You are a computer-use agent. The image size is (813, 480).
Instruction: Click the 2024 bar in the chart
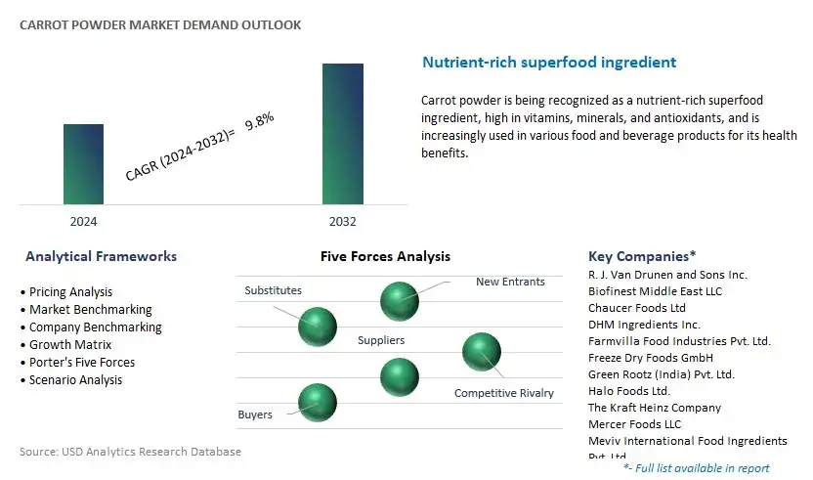tap(83, 164)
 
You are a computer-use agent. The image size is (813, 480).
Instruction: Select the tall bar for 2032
tap(343, 134)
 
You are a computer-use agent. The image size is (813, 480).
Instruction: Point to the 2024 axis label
tap(83, 222)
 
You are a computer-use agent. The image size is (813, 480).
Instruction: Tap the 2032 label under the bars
tap(343, 222)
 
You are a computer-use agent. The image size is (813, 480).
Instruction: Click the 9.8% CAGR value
tap(259, 121)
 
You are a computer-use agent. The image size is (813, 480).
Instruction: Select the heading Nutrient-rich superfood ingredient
tap(549, 63)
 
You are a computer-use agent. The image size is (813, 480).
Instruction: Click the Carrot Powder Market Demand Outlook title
tap(160, 24)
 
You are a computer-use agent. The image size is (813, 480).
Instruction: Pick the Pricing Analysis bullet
tap(66, 292)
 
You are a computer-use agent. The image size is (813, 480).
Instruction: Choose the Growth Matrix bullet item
tap(65, 345)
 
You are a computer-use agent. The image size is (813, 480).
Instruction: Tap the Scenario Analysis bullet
tap(71, 380)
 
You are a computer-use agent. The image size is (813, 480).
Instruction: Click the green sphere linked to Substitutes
tap(318, 327)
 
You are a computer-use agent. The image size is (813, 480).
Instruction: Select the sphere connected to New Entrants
tap(400, 301)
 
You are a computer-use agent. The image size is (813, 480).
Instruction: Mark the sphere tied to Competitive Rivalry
tap(481, 352)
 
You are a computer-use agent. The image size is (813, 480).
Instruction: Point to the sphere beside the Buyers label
tap(318, 403)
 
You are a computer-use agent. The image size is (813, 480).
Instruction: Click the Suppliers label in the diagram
tap(381, 340)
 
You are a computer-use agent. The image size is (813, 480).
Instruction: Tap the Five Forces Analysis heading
tap(385, 256)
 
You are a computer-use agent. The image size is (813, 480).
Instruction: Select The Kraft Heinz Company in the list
tap(655, 408)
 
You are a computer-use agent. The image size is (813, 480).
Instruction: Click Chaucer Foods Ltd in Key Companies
tap(637, 308)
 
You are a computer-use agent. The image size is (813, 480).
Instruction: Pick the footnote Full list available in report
tap(697, 468)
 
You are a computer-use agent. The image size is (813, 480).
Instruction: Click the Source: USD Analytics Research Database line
tap(130, 452)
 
